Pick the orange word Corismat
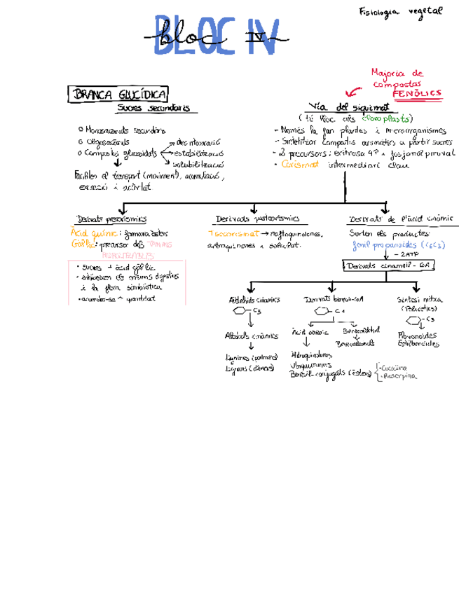(299, 165)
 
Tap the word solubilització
(198, 163)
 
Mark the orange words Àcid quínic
(87, 233)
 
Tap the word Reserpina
(399, 376)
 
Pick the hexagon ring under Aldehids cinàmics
(240, 311)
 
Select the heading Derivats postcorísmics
(257, 219)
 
